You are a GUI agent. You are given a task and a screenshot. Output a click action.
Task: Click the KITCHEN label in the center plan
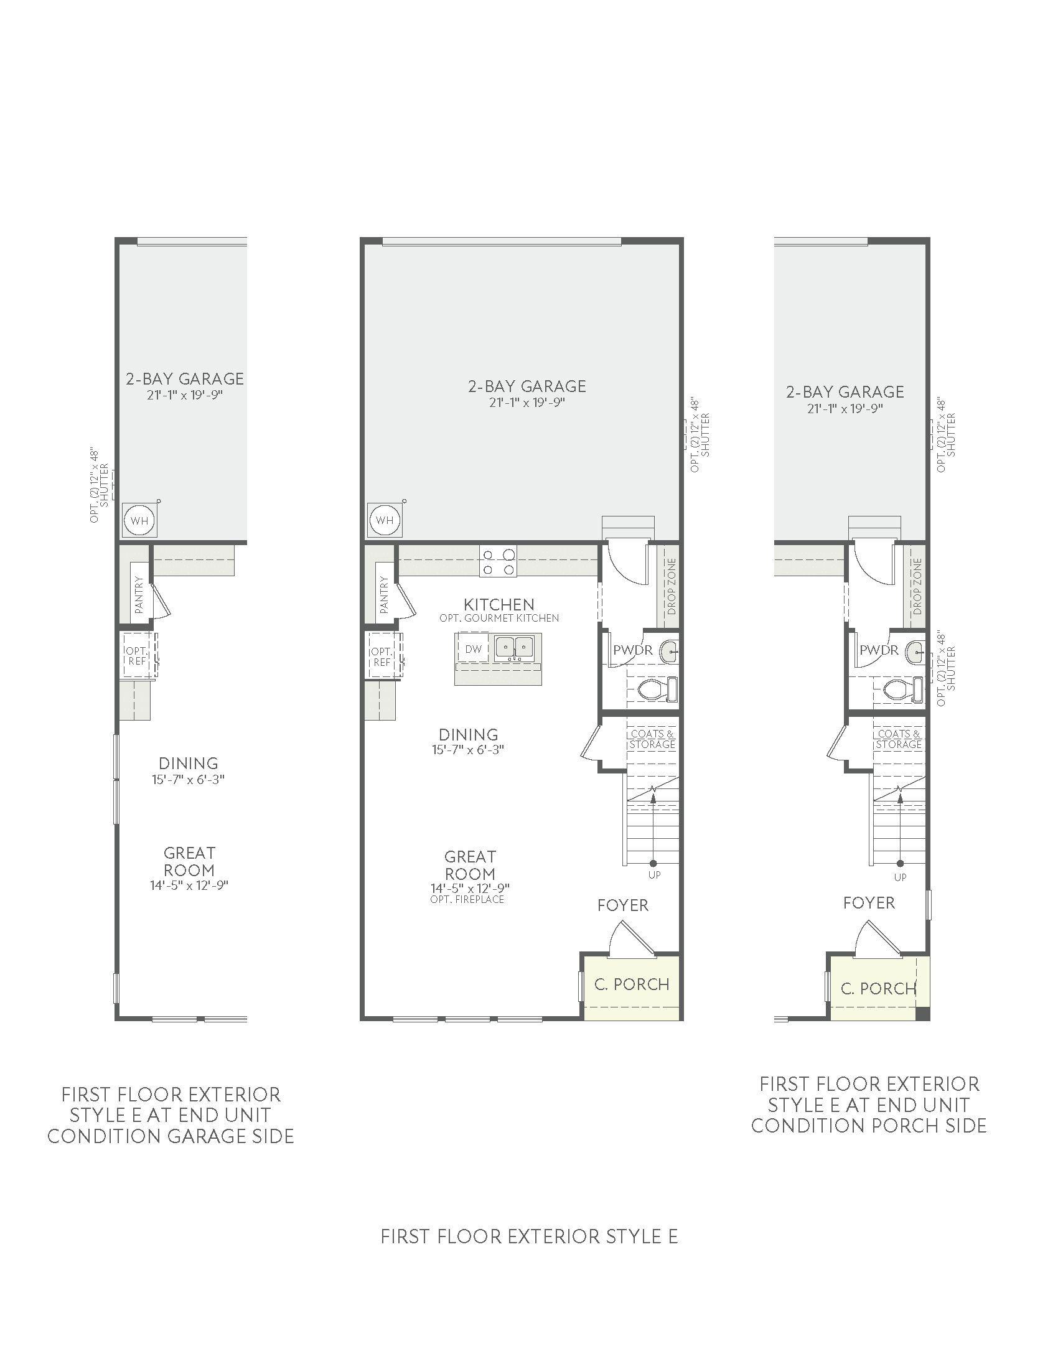click(499, 604)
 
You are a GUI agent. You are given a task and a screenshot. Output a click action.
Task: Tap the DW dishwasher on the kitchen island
click(473, 649)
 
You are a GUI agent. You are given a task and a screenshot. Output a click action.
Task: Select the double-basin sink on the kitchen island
click(514, 648)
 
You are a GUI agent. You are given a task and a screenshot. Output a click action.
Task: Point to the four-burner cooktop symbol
click(499, 562)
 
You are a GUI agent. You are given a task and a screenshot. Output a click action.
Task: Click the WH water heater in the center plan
click(385, 520)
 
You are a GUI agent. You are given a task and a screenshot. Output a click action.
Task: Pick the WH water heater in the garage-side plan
click(139, 520)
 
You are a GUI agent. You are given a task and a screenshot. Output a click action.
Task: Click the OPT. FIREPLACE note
click(467, 900)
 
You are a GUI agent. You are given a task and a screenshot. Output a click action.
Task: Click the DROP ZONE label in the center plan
click(672, 586)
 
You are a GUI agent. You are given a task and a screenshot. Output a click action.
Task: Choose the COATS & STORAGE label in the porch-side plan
click(899, 739)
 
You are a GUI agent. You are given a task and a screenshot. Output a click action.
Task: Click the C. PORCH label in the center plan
click(632, 984)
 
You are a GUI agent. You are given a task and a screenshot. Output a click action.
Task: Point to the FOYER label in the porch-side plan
click(869, 903)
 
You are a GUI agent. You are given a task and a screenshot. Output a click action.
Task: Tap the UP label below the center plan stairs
click(653, 875)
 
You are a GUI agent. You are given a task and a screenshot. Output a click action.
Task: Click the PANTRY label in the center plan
click(383, 595)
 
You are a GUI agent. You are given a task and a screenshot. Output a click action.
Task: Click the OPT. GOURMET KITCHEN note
click(499, 618)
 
